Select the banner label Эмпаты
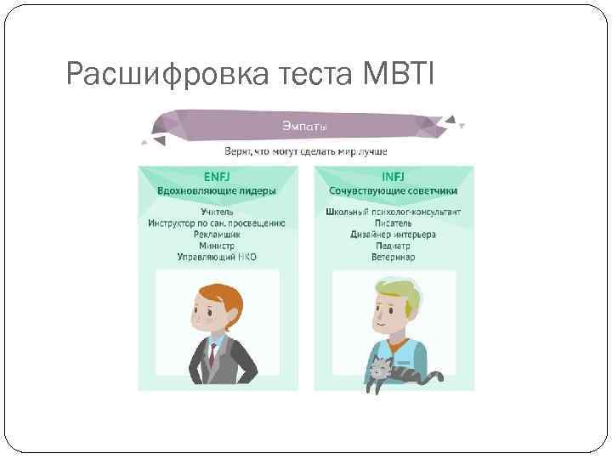305,127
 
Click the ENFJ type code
217,177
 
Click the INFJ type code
393,177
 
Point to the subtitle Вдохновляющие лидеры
217,191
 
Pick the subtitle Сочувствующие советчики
393,191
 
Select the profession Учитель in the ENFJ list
217,212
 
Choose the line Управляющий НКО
217,256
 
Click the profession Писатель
393,223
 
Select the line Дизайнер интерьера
393,234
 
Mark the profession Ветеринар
393,256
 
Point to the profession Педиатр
393,245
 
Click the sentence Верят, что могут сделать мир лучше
305,151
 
